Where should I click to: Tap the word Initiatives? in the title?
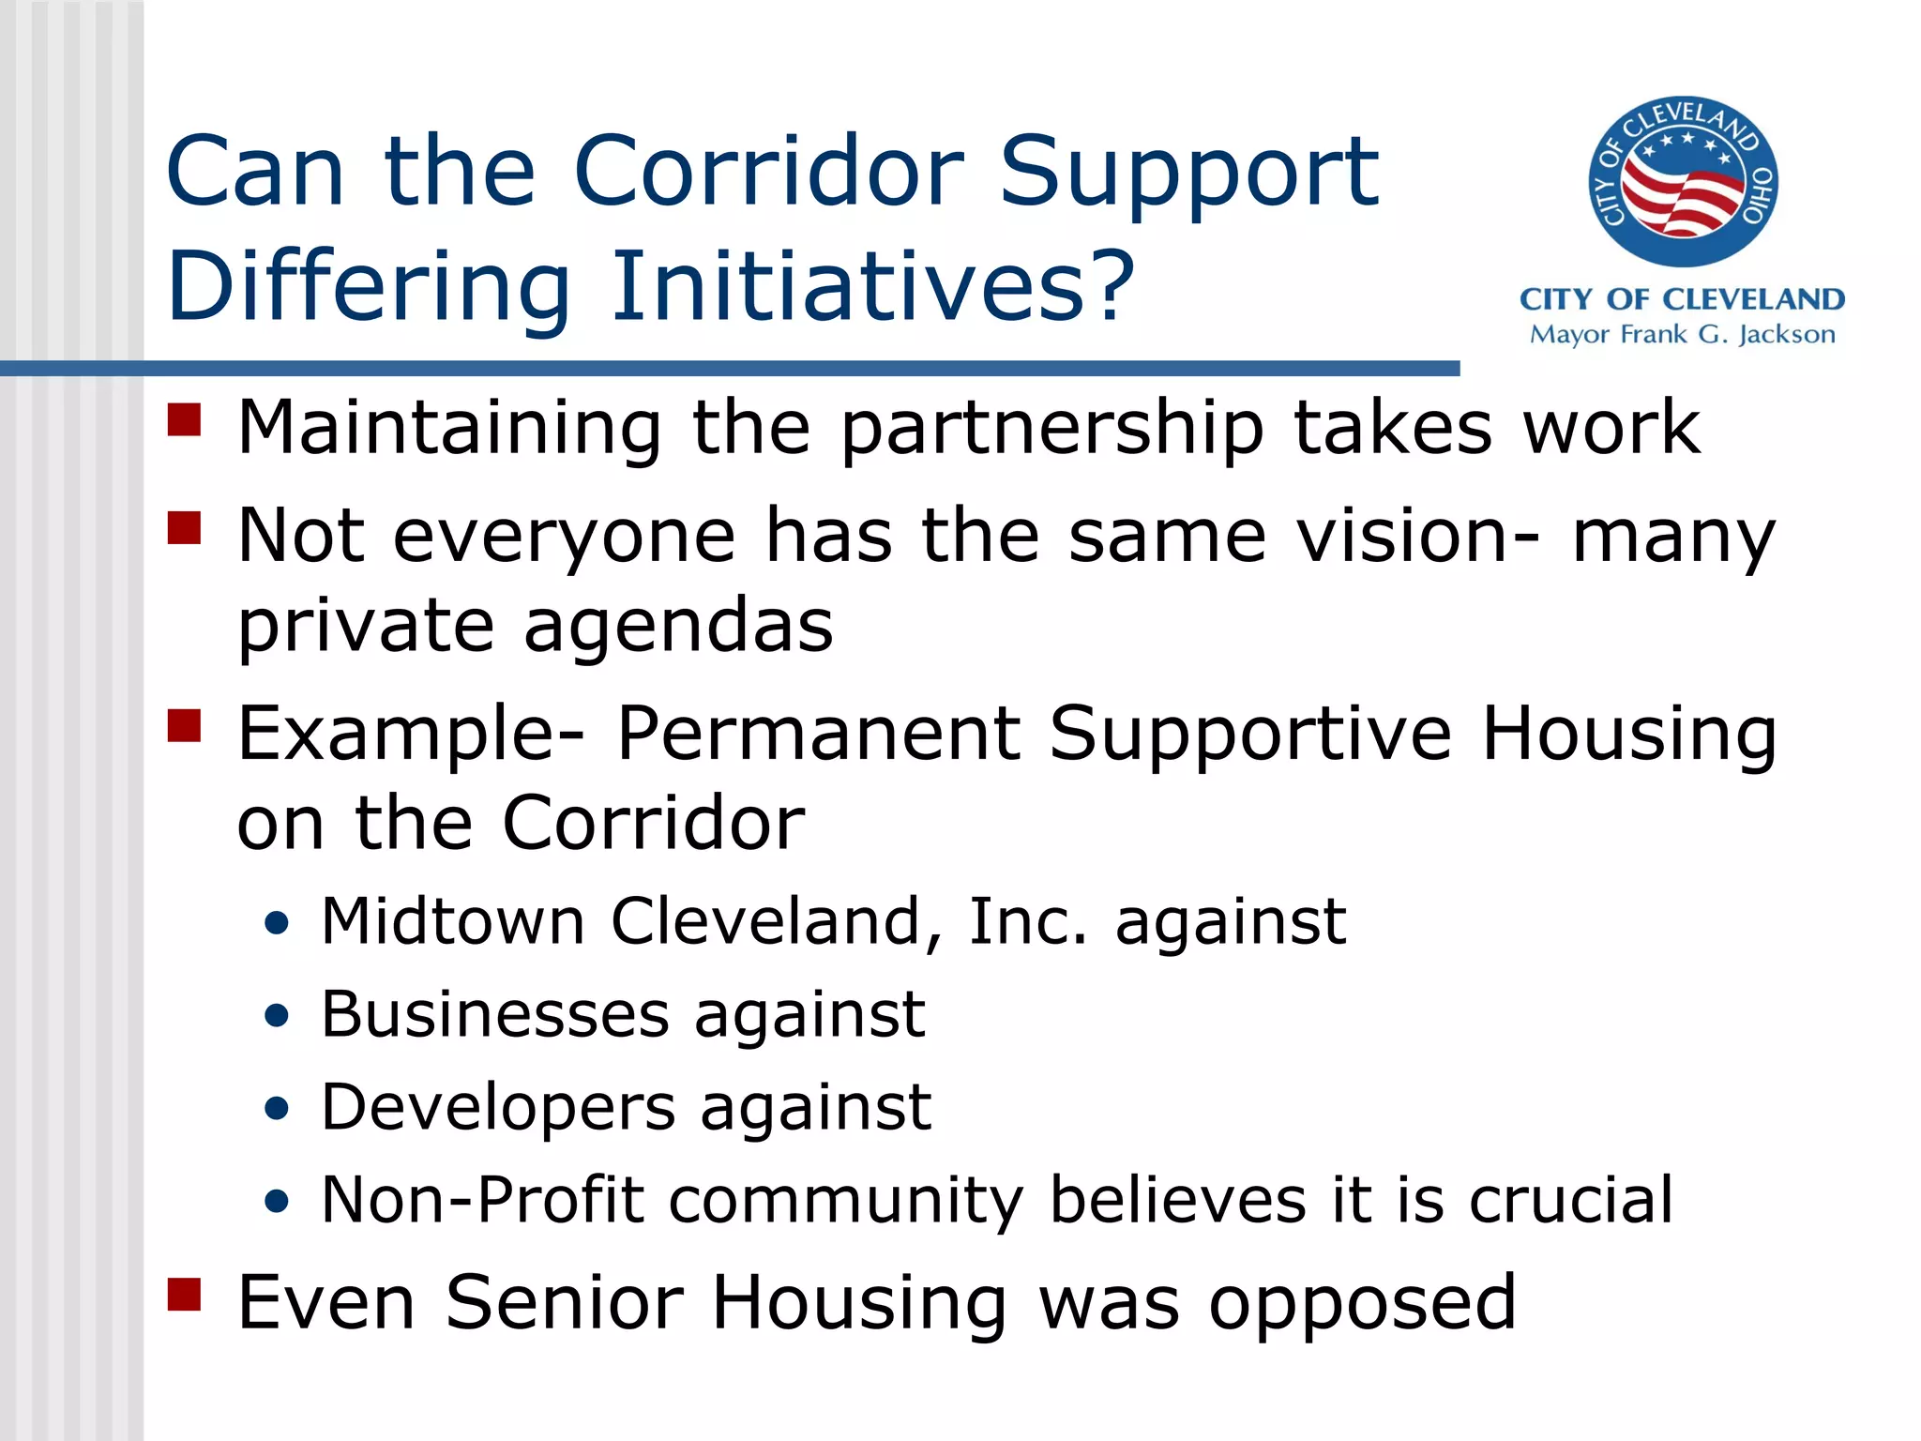[872, 286]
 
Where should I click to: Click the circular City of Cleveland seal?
[1683, 181]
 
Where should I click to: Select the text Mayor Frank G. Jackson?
[1682, 335]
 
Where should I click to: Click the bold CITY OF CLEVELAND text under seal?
[1682, 299]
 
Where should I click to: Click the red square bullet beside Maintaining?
[185, 420]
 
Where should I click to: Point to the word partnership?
[1051, 430]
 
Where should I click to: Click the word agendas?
[678, 626]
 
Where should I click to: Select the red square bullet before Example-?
[185, 725]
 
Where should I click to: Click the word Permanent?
[818, 733]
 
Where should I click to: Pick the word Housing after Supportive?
[1628, 735]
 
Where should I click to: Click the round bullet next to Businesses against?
[277, 1016]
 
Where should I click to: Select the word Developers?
[498, 1107]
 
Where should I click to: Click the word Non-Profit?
[482, 1200]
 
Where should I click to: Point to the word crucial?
[1570, 1200]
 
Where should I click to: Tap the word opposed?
[1361, 1304]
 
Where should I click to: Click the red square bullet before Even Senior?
[185, 1294]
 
